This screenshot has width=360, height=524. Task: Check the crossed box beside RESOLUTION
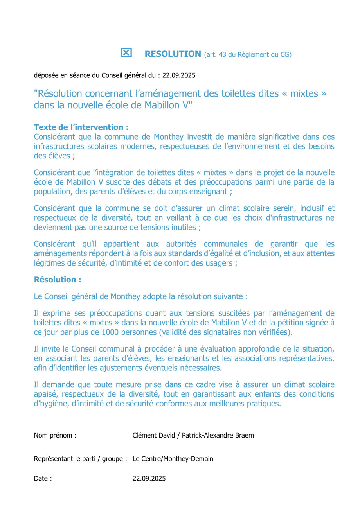pyautogui.click(x=126, y=53)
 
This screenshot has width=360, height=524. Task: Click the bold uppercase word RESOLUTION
pyautogui.click(x=173, y=54)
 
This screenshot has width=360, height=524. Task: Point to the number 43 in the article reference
pyautogui.click(x=222, y=55)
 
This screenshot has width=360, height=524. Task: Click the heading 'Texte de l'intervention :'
pyautogui.click(x=81, y=127)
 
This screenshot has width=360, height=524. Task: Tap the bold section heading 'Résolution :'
pyautogui.click(x=58, y=280)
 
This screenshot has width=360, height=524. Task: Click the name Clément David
pyautogui.click(x=154, y=436)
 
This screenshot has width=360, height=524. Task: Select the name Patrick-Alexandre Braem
pyautogui.click(x=218, y=436)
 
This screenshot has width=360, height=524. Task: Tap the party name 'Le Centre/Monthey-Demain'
pyautogui.click(x=173, y=459)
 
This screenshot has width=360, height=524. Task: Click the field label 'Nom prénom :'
pyautogui.click(x=55, y=436)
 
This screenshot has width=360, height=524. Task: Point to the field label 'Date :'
pyautogui.click(x=43, y=479)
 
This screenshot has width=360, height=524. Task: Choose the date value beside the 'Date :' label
pyautogui.click(x=149, y=479)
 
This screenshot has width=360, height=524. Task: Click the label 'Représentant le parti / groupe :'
pyautogui.click(x=80, y=459)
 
